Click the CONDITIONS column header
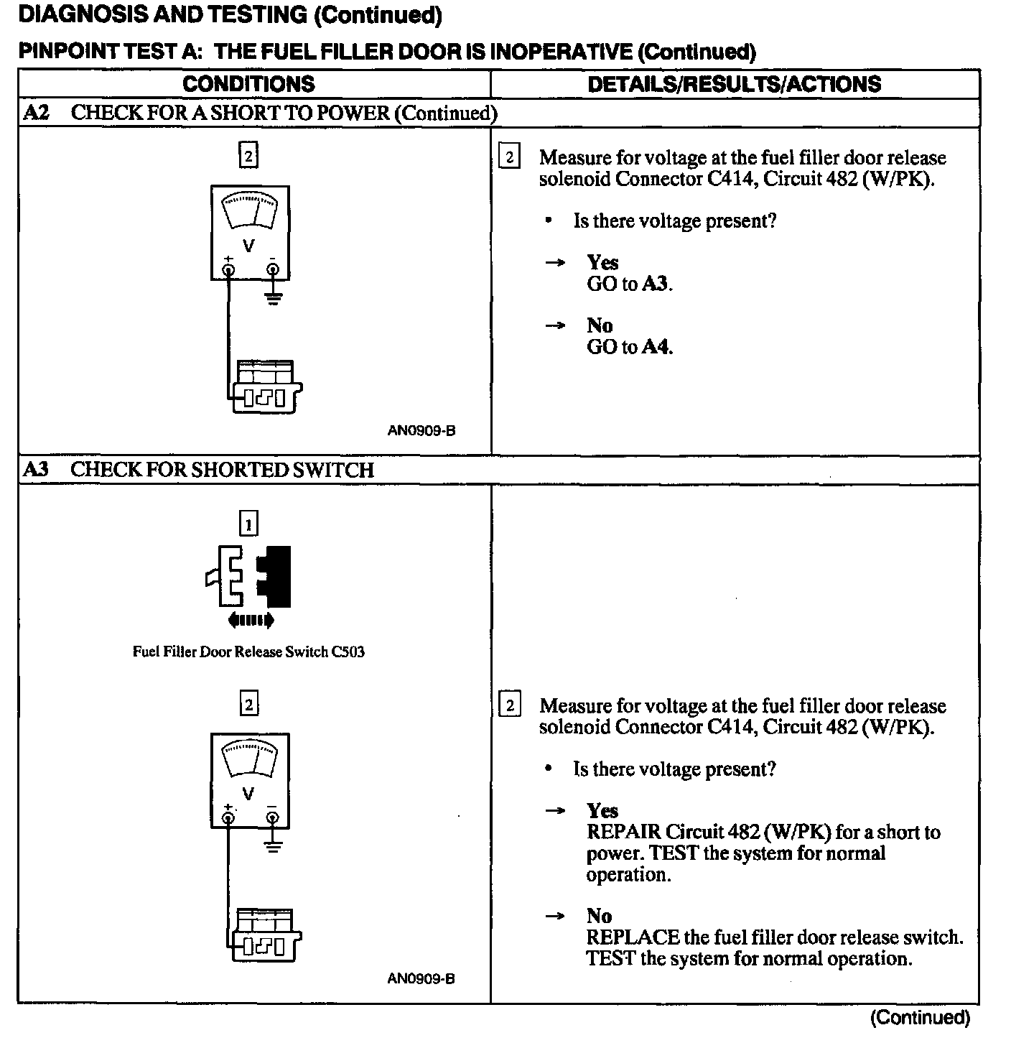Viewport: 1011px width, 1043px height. [x=248, y=84]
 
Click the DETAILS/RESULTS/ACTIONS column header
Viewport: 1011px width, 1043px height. [x=734, y=84]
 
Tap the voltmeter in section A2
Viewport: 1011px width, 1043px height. [x=250, y=233]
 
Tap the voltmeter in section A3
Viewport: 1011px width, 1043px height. [x=250, y=780]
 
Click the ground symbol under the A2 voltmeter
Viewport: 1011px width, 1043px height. [x=273, y=297]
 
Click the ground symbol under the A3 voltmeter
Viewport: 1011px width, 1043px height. [x=273, y=845]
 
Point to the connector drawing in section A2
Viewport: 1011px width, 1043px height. [x=265, y=387]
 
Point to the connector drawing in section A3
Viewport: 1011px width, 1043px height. [x=265, y=935]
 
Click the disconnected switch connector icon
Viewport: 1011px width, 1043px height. [x=250, y=577]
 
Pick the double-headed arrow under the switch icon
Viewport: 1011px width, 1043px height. [x=250, y=620]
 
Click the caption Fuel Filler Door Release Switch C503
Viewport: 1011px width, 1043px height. [x=248, y=652]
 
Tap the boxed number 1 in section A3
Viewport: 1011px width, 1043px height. [x=248, y=524]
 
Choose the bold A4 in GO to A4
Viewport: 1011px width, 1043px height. [x=656, y=347]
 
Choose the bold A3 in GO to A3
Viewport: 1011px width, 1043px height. [x=656, y=284]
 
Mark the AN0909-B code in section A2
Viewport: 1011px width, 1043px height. [x=421, y=431]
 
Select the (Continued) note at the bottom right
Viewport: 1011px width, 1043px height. [x=920, y=1018]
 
